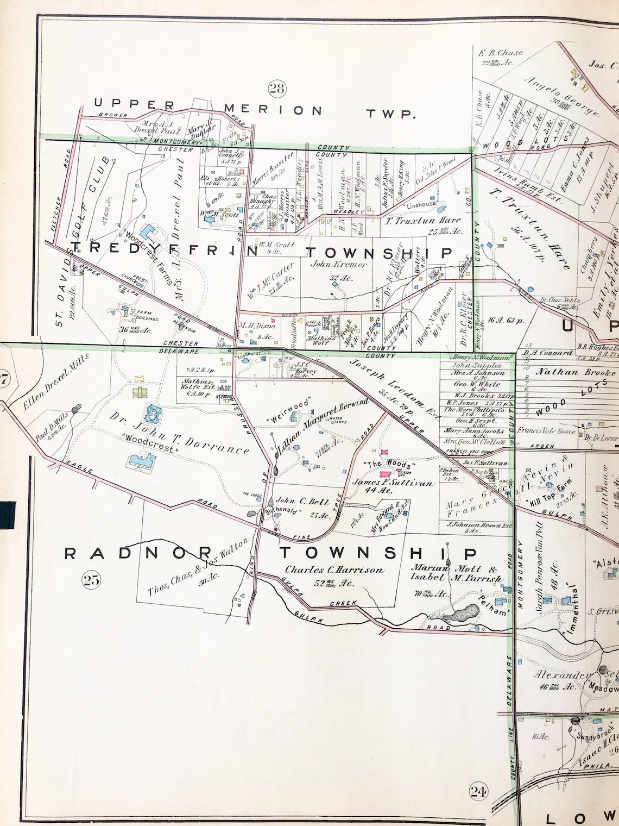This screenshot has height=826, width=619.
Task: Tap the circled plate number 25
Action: [91, 580]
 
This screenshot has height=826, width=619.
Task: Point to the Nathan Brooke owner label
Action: [576, 372]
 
